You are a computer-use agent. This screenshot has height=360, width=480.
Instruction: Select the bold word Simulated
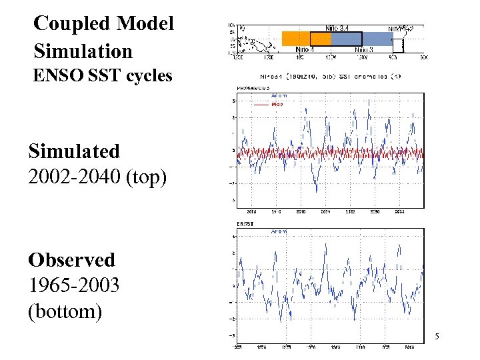point(74,151)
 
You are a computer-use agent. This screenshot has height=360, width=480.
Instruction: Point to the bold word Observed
point(71,259)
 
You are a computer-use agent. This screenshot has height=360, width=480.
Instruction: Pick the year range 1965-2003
point(74,286)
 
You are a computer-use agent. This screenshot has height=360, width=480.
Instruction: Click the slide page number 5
point(436,337)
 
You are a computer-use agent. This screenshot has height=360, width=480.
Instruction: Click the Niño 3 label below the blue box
point(364,49)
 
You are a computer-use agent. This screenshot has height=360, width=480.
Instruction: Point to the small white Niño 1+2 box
point(399,44)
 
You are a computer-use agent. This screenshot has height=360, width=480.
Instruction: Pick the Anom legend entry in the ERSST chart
point(279,231)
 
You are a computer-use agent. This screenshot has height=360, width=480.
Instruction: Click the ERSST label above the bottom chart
point(247,223)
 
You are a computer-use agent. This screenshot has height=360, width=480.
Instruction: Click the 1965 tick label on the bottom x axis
point(237,347)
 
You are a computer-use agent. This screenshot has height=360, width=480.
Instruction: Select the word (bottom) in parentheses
point(65,312)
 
